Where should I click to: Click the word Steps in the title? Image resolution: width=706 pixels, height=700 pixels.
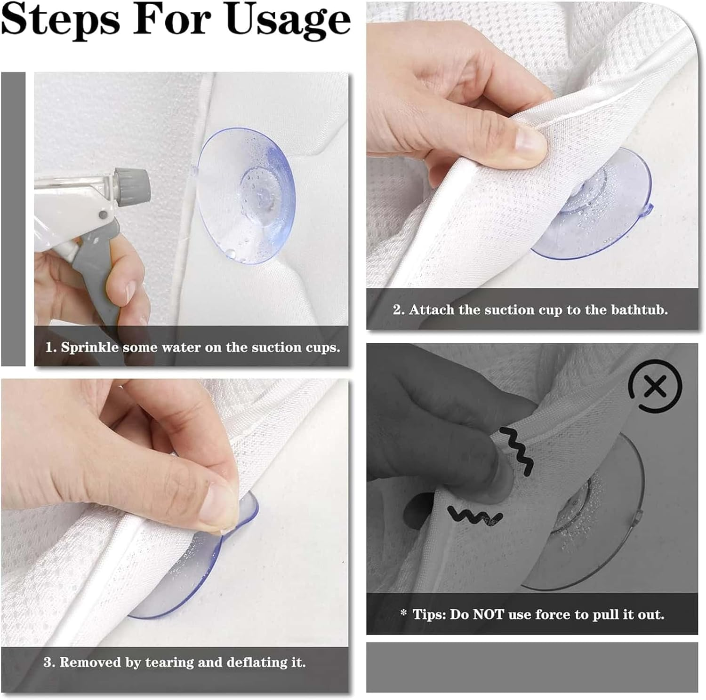coord(61,20)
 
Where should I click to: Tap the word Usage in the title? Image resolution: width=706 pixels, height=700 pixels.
coord(289,20)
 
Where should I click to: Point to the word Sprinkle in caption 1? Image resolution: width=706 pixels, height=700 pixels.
coord(89,347)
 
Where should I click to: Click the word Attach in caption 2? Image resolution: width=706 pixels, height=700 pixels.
coord(432,310)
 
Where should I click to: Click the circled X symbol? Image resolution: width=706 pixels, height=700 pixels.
coord(655,387)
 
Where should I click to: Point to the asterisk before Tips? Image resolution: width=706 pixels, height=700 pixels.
coord(403,612)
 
